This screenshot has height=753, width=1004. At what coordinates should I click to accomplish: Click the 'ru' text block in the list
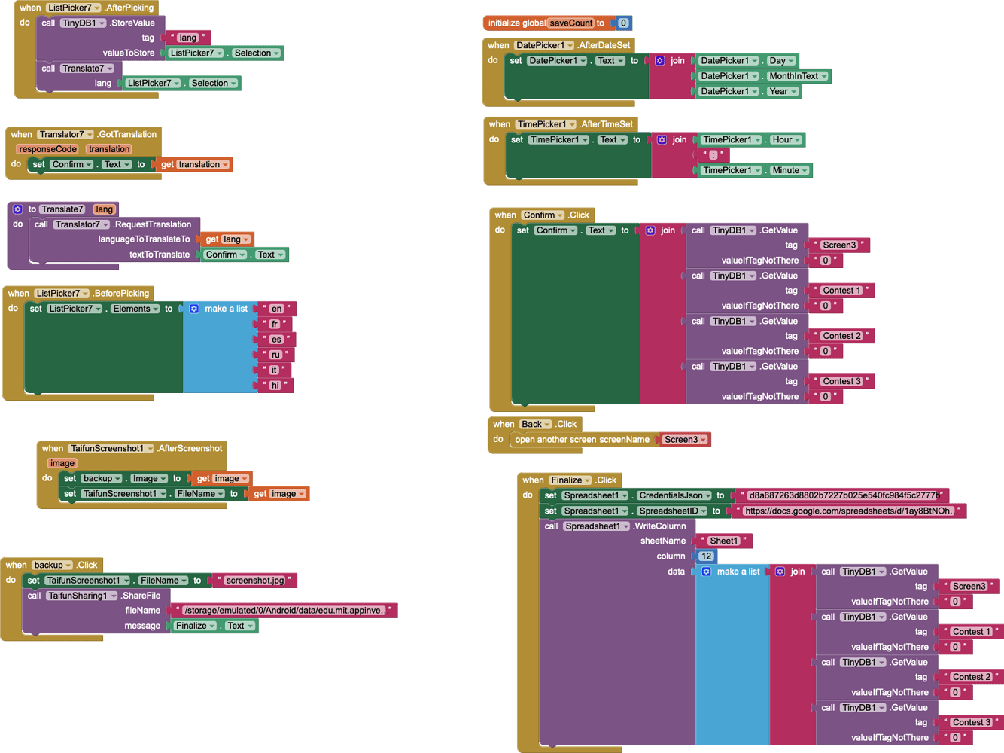[x=275, y=355]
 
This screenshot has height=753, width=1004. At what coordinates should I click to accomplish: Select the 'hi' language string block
[x=275, y=385]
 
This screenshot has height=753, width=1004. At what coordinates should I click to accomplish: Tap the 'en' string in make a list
[x=276, y=309]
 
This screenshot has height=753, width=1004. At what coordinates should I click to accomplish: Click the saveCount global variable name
[x=570, y=23]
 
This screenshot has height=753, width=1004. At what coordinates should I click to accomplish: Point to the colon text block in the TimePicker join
[x=713, y=155]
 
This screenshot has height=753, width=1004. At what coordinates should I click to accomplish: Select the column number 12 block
[x=705, y=556]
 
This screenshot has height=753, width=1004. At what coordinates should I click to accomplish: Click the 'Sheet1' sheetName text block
[x=723, y=541]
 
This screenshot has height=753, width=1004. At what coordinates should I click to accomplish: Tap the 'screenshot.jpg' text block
[x=255, y=581]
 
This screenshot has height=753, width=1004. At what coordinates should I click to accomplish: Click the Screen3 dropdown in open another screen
[x=684, y=440]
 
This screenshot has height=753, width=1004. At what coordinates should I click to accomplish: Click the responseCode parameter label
[x=48, y=149]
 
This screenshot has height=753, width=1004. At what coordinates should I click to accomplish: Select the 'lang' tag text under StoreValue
[x=187, y=38]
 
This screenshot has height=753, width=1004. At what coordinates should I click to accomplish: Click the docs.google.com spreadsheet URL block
[x=848, y=511]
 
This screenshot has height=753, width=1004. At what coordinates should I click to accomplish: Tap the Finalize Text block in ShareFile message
[x=214, y=626]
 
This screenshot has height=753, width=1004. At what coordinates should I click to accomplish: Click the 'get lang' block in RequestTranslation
[x=227, y=239]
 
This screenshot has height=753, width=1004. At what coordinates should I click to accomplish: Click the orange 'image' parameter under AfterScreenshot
[x=62, y=463]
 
